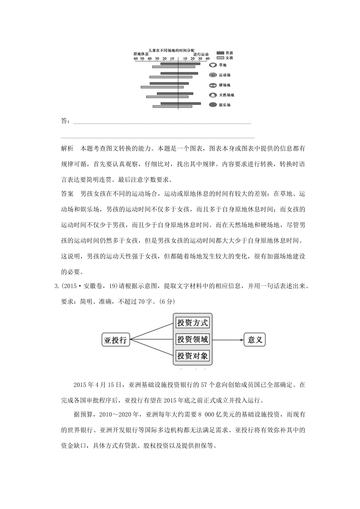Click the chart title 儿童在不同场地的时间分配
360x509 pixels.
(x=171, y=50)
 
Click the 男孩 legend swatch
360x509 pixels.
(x=220, y=53)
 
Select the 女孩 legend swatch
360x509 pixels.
(x=220, y=58)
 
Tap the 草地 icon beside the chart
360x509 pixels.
(x=213, y=65)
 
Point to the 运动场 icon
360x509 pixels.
(x=213, y=75)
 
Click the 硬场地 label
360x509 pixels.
(x=224, y=85)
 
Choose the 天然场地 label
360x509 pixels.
(x=227, y=95)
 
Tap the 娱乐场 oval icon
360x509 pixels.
(x=213, y=105)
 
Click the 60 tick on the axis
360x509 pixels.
(x=136, y=59)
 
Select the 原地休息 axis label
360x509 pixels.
(x=141, y=55)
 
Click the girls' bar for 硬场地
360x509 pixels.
(x=162, y=87)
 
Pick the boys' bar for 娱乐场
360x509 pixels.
(x=181, y=103)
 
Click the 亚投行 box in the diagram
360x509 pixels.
(x=116, y=340)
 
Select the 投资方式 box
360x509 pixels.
(x=193, y=323)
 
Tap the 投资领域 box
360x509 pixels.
(x=193, y=339)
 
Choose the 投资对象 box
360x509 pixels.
(x=193, y=356)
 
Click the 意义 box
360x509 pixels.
(x=255, y=340)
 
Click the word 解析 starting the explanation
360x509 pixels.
(x=67, y=148)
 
